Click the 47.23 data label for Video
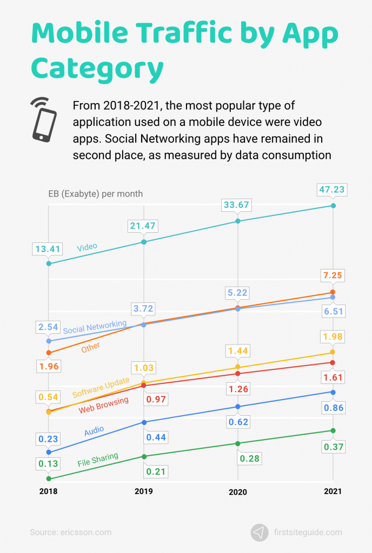333,190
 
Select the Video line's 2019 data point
143,242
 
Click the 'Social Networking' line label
95,327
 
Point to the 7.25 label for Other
333,276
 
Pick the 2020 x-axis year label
238,492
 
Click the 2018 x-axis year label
49,491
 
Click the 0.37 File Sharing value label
333,447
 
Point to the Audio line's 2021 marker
333,392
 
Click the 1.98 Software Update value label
333,337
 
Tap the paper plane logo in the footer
260,532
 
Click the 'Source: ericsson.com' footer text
70,532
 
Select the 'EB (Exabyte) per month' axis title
95,194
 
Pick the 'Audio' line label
94,431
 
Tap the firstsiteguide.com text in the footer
308,532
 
